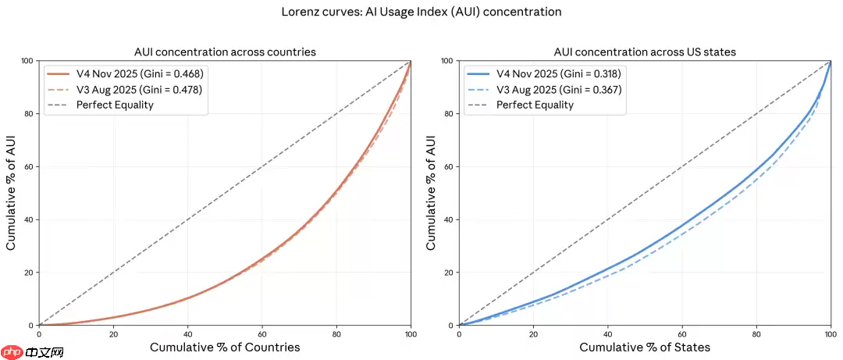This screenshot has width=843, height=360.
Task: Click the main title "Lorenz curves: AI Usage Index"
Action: [x=421, y=12]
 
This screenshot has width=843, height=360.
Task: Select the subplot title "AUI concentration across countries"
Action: [x=225, y=52]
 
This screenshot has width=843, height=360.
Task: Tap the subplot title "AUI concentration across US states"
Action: [x=644, y=52]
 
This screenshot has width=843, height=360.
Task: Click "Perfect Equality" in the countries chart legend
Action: [x=115, y=105]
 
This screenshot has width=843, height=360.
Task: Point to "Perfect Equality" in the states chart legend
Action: [x=535, y=105]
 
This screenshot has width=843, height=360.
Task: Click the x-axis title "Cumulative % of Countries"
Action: [x=225, y=346]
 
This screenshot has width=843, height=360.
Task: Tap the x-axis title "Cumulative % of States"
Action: [x=645, y=346]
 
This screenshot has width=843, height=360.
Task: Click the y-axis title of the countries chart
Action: [x=12, y=193]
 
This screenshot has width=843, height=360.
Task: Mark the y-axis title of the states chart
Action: [x=432, y=193]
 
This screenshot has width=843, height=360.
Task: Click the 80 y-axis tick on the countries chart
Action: [x=28, y=114]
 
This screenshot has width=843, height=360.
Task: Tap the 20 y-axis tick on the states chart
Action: [x=448, y=273]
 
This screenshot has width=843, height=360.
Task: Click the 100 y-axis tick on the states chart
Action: [x=446, y=61]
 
